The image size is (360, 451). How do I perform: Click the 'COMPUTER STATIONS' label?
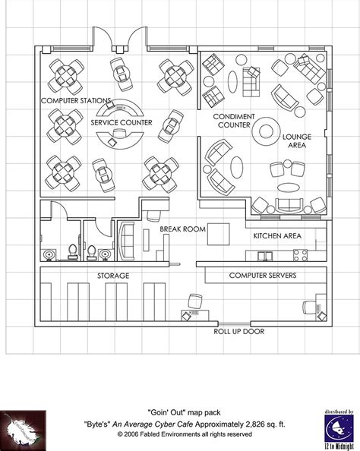point(77,100)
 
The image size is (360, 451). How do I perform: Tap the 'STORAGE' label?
point(112,275)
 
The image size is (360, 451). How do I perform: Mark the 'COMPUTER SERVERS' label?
point(264,275)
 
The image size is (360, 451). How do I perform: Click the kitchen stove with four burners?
point(263,254)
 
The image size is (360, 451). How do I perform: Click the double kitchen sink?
point(301,254)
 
